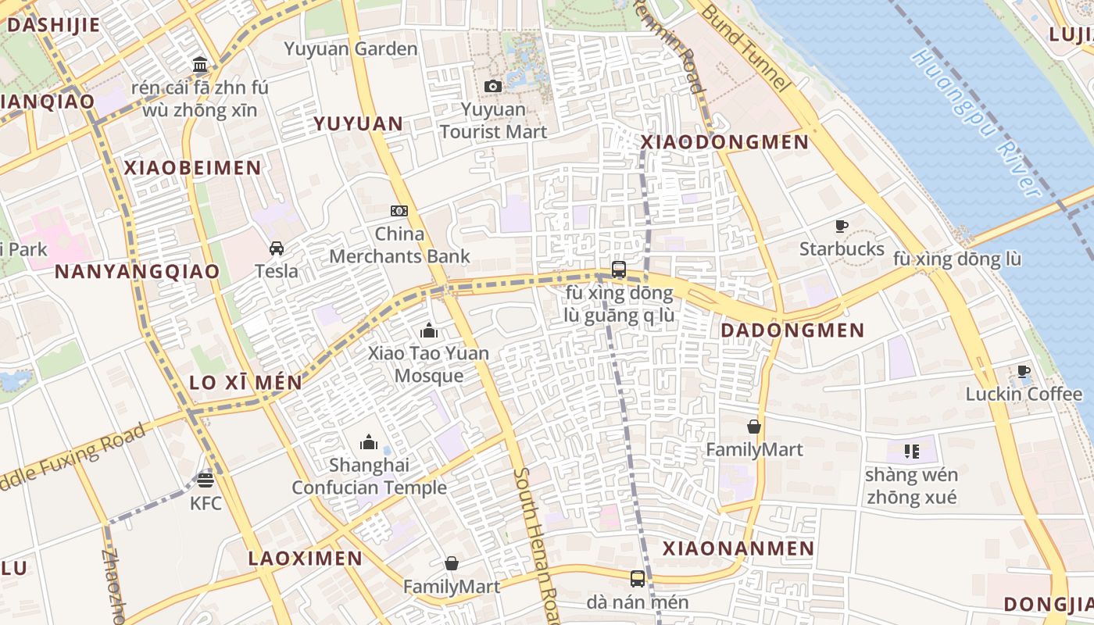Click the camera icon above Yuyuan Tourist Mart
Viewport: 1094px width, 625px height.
(493, 86)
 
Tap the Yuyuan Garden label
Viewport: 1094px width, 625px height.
(351, 49)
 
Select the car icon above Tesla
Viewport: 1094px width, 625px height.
(277, 248)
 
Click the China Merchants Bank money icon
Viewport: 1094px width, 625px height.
(399, 211)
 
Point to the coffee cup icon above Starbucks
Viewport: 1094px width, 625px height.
(842, 227)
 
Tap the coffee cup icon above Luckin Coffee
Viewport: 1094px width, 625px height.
(1024, 371)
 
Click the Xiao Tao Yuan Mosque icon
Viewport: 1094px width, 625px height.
(428, 330)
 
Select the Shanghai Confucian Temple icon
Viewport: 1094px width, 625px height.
(369, 443)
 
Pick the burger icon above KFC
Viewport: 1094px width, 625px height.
(206, 480)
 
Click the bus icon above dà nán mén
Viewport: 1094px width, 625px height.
(638, 579)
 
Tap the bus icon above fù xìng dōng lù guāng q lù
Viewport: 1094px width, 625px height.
(619, 270)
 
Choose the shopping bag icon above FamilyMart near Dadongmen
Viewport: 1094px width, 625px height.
(754, 427)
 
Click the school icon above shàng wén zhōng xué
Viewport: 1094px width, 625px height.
(911, 451)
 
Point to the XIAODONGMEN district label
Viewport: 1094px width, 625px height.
(724, 142)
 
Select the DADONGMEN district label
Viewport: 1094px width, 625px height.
(792, 330)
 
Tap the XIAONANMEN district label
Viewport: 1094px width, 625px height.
(738, 548)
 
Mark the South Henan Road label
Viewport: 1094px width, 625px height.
(536, 547)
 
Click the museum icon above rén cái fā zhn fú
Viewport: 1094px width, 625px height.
(200, 63)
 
